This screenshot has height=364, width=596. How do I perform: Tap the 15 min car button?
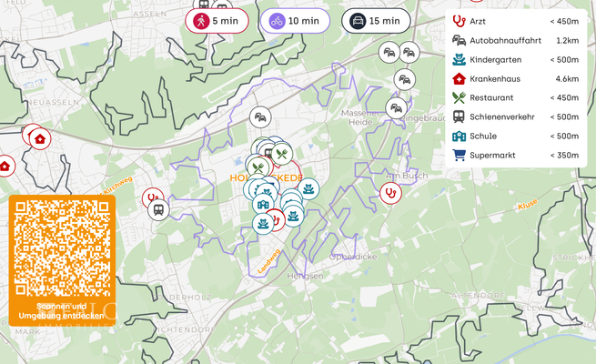point(376,21)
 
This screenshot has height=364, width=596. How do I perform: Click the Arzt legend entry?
point(478,21)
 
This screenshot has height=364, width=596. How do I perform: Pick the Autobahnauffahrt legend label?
point(505,40)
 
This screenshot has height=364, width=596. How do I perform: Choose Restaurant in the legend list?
point(491,97)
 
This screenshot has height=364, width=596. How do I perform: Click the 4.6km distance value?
point(567,78)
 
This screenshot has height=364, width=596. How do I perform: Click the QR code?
point(62,247)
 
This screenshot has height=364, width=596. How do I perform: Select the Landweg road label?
point(270,261)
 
